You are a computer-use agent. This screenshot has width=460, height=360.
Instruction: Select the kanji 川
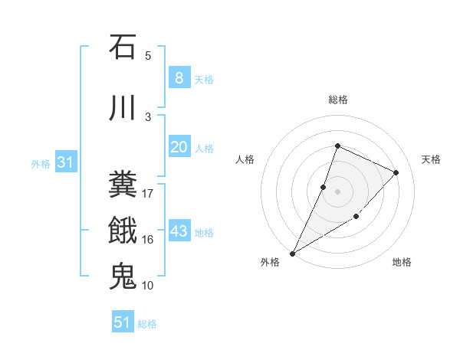point(123,108)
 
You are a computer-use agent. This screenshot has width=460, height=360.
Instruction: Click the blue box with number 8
point(179,78)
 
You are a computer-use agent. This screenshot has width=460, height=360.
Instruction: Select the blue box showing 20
point(179,147)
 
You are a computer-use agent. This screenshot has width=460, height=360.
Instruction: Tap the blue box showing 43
point(179,231)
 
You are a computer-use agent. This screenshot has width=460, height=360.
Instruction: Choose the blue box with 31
point(65,162)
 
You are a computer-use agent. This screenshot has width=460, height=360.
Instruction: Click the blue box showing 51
point(123,322)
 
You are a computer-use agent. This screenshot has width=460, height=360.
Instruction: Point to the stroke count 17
point(148,193)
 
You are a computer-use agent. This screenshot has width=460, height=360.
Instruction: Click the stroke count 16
point(148,239)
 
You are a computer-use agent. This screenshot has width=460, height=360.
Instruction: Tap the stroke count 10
point(148,285)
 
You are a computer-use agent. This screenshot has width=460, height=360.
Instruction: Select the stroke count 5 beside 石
point(148,55)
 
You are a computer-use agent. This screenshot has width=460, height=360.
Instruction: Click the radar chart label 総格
point(337,100)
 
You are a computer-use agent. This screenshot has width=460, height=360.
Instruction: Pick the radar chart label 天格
point(431,159)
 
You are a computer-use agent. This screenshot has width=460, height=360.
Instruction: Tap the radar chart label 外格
point(270,263)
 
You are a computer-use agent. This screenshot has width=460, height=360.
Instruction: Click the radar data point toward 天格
point(396,172)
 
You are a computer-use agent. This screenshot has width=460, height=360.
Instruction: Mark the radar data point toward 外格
point(292,253)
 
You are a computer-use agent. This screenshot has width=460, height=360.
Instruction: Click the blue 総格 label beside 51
point(147,324)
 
